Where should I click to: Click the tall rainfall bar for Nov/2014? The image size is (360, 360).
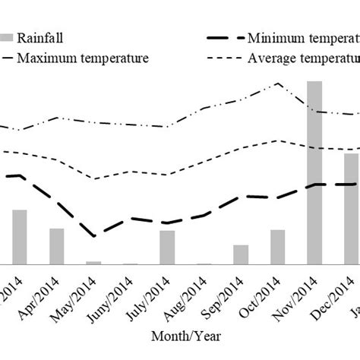[314, 173]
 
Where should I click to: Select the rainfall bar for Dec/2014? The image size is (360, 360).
[351, 209]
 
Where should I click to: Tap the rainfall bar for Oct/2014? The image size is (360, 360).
[277, 247]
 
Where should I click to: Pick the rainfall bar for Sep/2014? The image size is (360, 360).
[241, 254]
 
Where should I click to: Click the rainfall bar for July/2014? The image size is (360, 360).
[167, 248]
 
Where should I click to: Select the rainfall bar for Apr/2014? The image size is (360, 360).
[57, 246]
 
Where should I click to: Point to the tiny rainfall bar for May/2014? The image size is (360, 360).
[93, 263]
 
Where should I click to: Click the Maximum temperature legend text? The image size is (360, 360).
[83, 58]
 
